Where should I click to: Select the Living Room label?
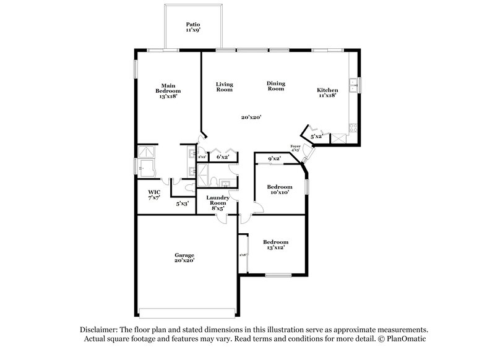click(x=224, y=87)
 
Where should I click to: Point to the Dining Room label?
click(x=275, y=86)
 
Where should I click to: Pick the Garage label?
click(x=184, y=257)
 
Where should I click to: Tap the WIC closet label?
click(x=154, y=195)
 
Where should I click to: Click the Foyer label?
click(x=296, y=148)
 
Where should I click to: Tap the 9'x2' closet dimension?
click(x=275, y=159)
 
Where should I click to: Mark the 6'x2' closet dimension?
click(x=222, y=158)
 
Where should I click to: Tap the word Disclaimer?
click(x=98, y=330)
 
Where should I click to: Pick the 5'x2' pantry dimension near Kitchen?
click(x=316, y=136)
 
